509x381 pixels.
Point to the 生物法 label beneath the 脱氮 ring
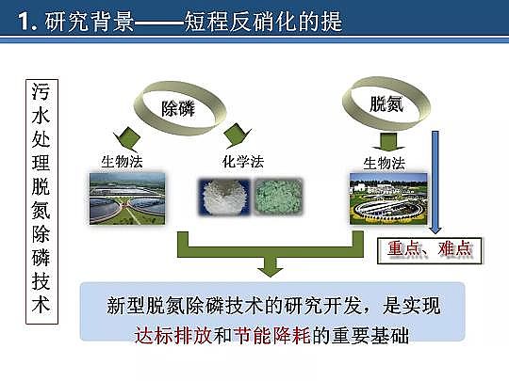(384, 163)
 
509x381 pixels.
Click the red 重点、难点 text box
(429, 249)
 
